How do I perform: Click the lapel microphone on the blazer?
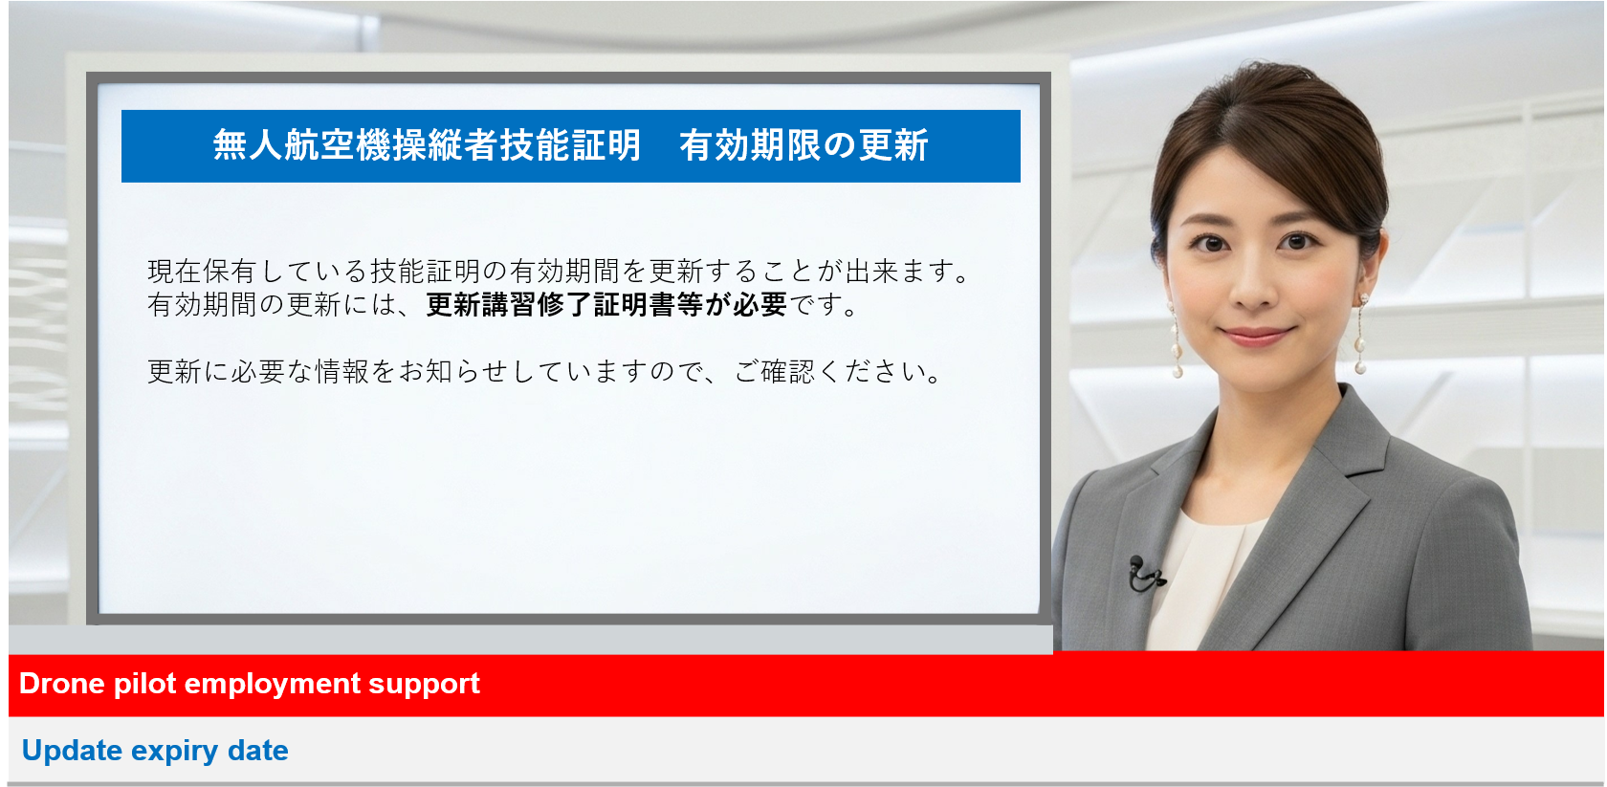[x=1145, y=574]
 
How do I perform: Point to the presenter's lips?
[x=1256, y=335]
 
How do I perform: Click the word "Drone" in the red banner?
[x=61, y=683]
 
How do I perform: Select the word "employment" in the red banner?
[x=272, y=685]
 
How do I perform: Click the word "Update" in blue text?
[x=72, y=751]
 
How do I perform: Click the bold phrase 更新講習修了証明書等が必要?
[x=606, y=305]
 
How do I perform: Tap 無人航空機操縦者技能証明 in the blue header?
[x=427, y=145]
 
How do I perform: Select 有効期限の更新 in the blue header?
[x=804, y=145]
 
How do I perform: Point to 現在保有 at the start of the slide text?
[x=203, y=272]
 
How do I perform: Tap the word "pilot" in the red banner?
[x=145, y=685]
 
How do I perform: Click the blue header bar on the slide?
[x=570, y=145]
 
